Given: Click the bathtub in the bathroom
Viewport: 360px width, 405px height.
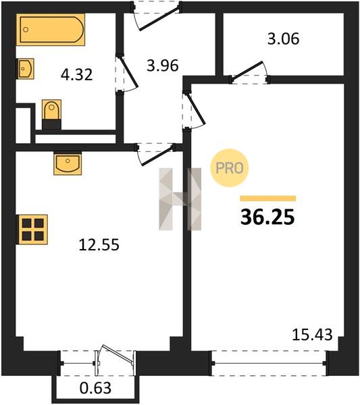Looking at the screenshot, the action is [x=51, y=30].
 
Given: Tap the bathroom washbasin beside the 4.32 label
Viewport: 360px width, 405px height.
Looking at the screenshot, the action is [x=26, y=69].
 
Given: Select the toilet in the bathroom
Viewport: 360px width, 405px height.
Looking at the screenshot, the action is [x=52, y=114].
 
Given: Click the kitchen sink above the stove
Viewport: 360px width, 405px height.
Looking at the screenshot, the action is [x=68, y=163].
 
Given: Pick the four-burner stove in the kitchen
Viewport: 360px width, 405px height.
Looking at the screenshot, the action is [x=32, y=230].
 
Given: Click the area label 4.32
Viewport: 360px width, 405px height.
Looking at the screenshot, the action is [x=77, y=75].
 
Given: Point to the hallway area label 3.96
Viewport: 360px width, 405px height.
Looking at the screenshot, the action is [x=163, y=65].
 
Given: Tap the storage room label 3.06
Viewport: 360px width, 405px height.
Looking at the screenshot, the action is [x=283, y=39].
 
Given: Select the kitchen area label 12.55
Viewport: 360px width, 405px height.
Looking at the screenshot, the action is [x=99, y=244].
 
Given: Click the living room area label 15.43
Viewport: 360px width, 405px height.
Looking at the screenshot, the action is [x=312, y=335].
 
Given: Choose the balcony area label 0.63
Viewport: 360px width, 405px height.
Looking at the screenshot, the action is [x=95, y=387].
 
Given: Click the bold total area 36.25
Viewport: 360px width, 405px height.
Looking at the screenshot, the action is [x=267, y=217].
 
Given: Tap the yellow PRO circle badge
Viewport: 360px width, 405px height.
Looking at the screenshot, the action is [x=229, y=168].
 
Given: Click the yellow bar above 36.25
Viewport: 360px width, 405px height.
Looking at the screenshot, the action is [x=268, y=198].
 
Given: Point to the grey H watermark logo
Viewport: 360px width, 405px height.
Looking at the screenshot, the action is [x=180, y=199].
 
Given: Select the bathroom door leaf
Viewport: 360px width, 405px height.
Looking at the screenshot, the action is [x=128, y=72].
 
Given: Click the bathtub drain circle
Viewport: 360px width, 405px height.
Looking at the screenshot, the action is [x=26, y=30].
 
